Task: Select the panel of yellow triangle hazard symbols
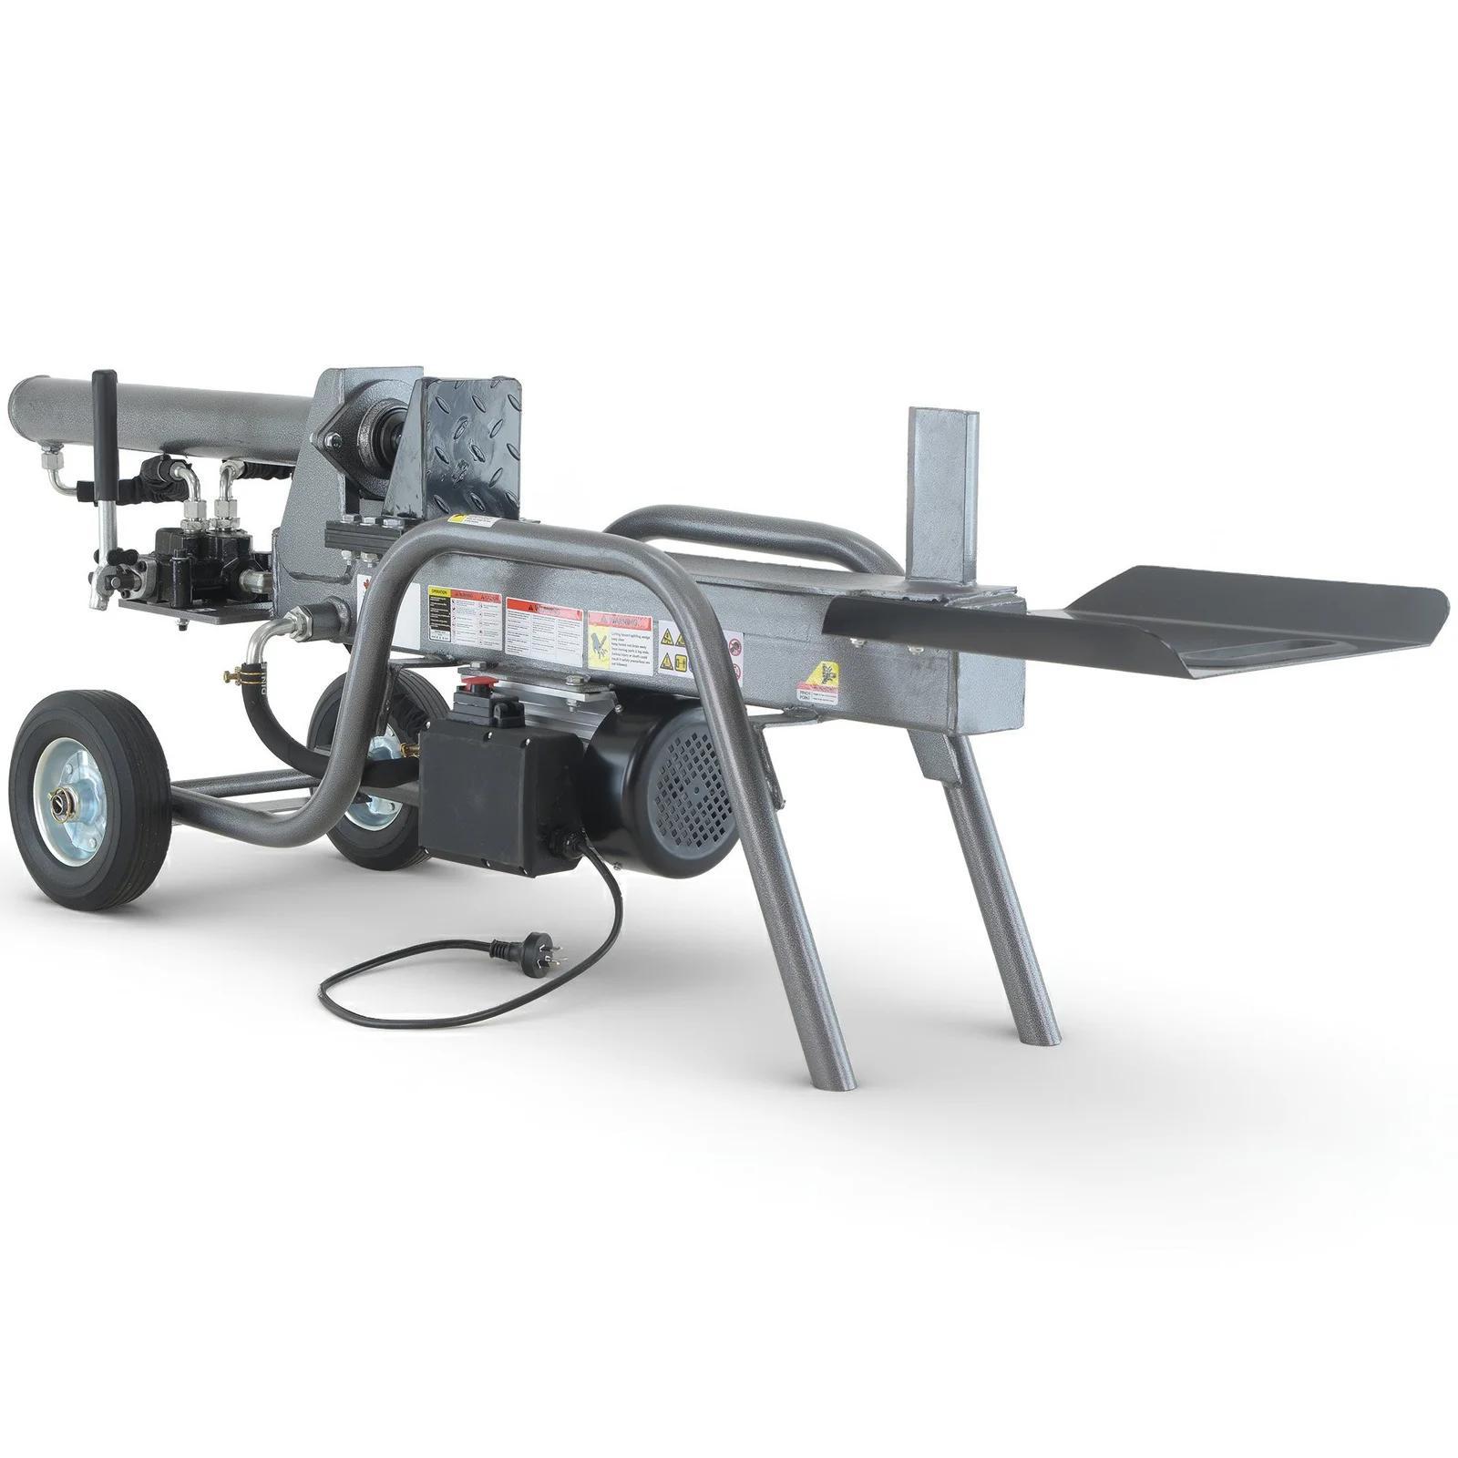coord(673,648)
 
